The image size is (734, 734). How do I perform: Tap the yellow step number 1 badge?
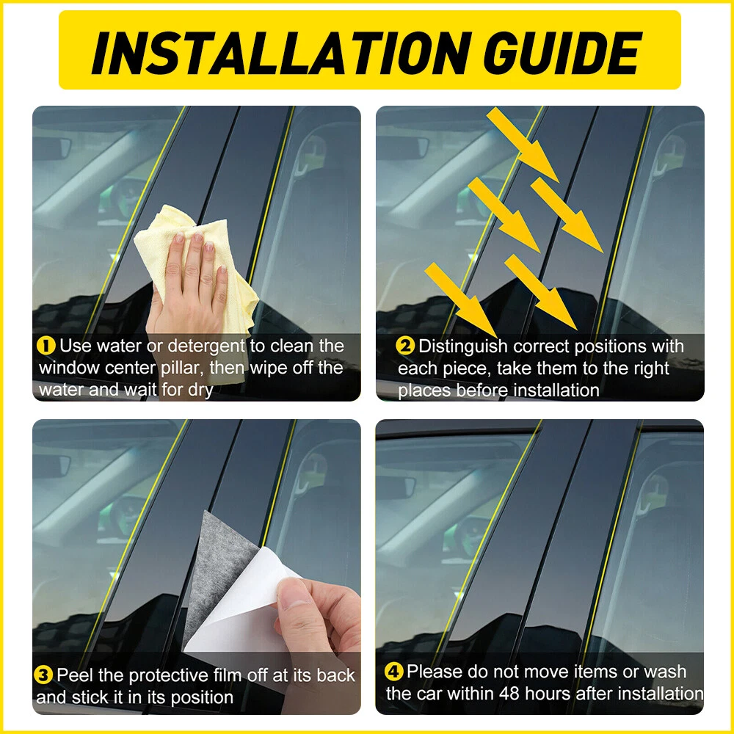pos(46,346)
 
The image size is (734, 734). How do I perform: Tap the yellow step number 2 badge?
pos(405,346)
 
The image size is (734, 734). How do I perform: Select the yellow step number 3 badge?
pos(43,675)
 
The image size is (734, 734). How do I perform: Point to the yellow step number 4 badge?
pos(393,672)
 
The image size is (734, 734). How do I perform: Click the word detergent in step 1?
pos(206,346)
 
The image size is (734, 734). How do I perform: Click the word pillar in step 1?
pos(182,368)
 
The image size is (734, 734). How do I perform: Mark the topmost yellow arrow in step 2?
pos(523,145)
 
